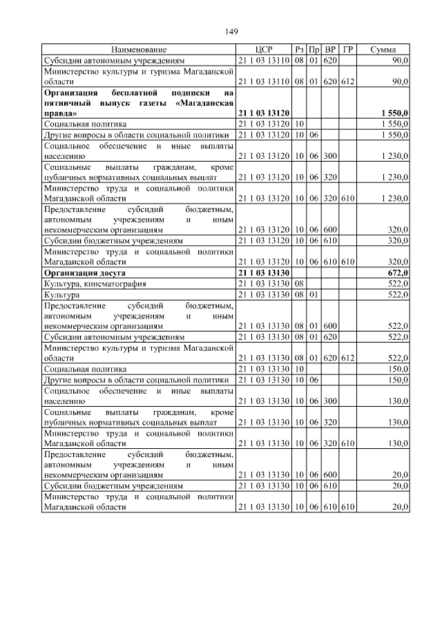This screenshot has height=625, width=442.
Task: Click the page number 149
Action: [x=232, y=31]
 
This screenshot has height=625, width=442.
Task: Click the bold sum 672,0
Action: [x=397, y=273]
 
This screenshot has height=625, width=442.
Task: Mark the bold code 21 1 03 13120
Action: [x=263, y=112]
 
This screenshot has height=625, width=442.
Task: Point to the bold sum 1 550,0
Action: [x=394, y=112]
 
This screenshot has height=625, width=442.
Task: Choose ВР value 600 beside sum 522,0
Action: [x=330, y=325]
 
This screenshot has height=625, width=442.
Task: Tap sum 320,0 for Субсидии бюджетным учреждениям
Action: [x=397, y=241]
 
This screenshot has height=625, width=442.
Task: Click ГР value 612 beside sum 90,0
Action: [x=347, y=81]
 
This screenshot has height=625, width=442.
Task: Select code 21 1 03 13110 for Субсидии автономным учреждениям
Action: [x=263, y=61]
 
